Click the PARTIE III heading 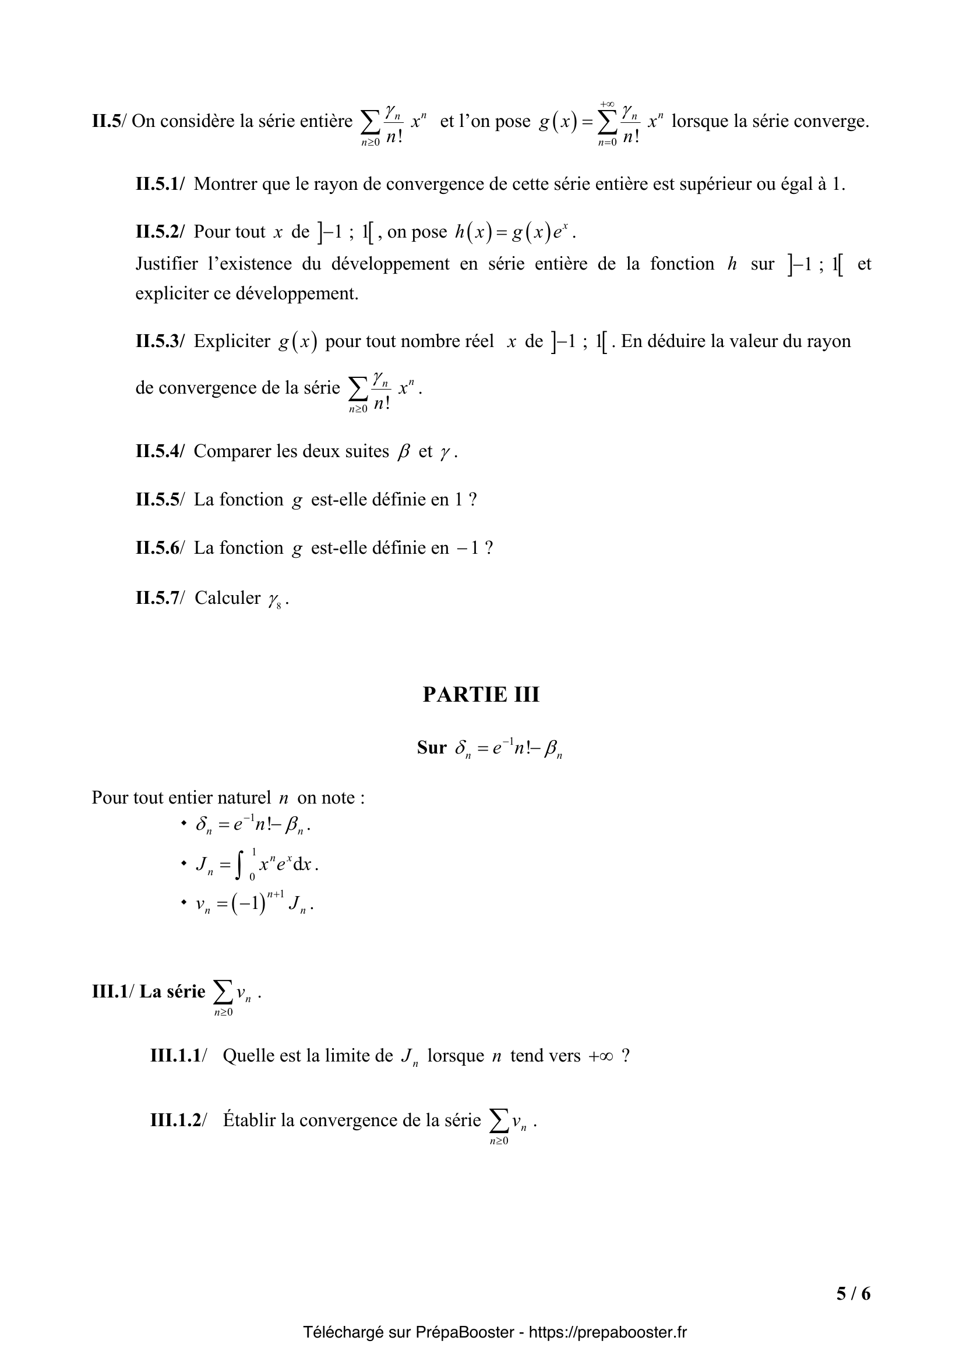481,694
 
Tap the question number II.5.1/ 160,184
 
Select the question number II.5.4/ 160,451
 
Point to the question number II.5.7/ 160,598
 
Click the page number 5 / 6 853,1293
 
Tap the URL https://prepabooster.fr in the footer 608,1332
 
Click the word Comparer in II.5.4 232,451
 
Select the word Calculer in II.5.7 227,598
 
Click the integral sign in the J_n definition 238,864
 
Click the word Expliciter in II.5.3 232,341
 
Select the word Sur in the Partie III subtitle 431,748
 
